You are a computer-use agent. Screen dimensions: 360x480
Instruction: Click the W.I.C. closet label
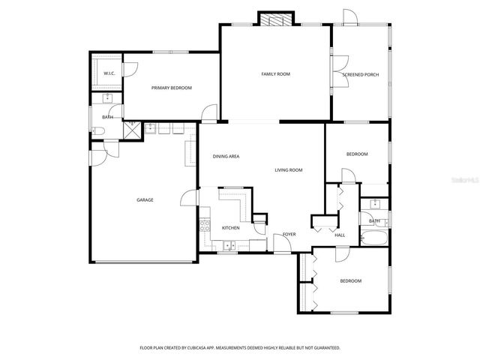pos(109,73)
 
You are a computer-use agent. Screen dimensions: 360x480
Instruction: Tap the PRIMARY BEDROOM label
pos(171,88)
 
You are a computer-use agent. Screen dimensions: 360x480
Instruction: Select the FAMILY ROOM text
pos(275,74)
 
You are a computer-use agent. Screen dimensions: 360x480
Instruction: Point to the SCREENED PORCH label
pos(360,75)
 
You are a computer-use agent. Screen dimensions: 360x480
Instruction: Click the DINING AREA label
pos(226,156)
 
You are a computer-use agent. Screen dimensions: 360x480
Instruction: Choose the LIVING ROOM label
pos(288,170)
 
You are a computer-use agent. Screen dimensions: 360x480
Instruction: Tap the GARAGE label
pos(145,200)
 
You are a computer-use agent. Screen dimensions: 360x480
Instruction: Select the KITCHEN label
pos(230,228)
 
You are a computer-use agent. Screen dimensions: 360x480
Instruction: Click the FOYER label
pos(289,235)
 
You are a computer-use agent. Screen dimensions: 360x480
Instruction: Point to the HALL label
pos(340,235)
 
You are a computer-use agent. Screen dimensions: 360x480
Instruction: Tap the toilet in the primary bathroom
pos(98,132)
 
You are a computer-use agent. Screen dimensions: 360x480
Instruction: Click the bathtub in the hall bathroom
pos(373,239)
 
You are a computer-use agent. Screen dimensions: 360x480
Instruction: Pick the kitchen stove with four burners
pos(203,226)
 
